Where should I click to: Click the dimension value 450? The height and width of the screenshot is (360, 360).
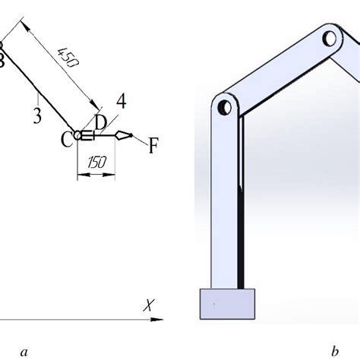pos(68,58)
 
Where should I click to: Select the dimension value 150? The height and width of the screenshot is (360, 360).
pos(96,163)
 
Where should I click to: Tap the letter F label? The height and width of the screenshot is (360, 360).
pos(153,146)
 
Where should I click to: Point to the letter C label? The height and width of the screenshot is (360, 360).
pos(67,140)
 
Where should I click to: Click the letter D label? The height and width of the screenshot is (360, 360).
pos(100,122)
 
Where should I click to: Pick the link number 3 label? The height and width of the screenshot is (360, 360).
pos(37,115)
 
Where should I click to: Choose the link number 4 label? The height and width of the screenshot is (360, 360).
pos(122,101)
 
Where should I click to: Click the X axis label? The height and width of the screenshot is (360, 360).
pos(149,305)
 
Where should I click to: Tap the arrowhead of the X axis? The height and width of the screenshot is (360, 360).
pos(157,319)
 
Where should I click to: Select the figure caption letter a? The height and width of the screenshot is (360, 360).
pos(24,352)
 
